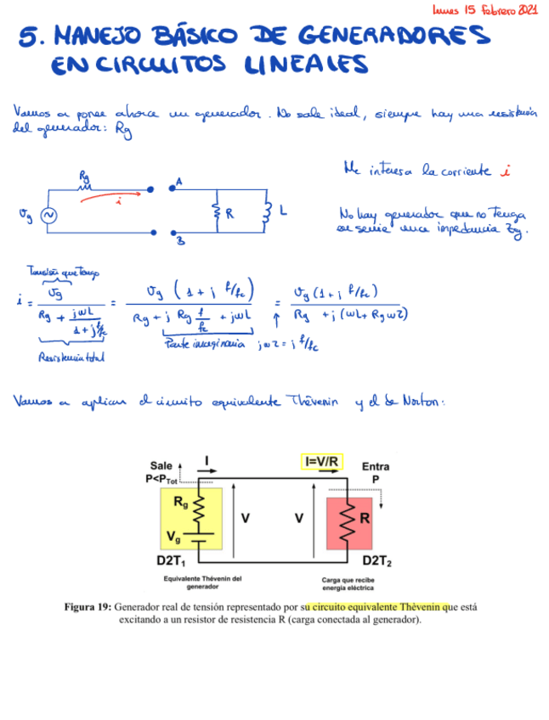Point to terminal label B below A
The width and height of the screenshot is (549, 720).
click(x=180, y=241)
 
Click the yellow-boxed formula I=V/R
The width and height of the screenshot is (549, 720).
click(x=322, y=462)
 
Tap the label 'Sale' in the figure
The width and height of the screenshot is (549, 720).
click(x=161, y=466)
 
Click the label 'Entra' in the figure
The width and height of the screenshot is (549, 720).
click(x=376, y=467)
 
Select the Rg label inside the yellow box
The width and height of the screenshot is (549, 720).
click(x=181, y=502)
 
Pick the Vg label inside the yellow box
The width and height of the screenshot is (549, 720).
click(x=173, y=537)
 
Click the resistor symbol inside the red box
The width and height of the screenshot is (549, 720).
click(x=347, y=520)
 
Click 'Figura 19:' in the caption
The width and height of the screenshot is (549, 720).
click(x=88, y=607)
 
